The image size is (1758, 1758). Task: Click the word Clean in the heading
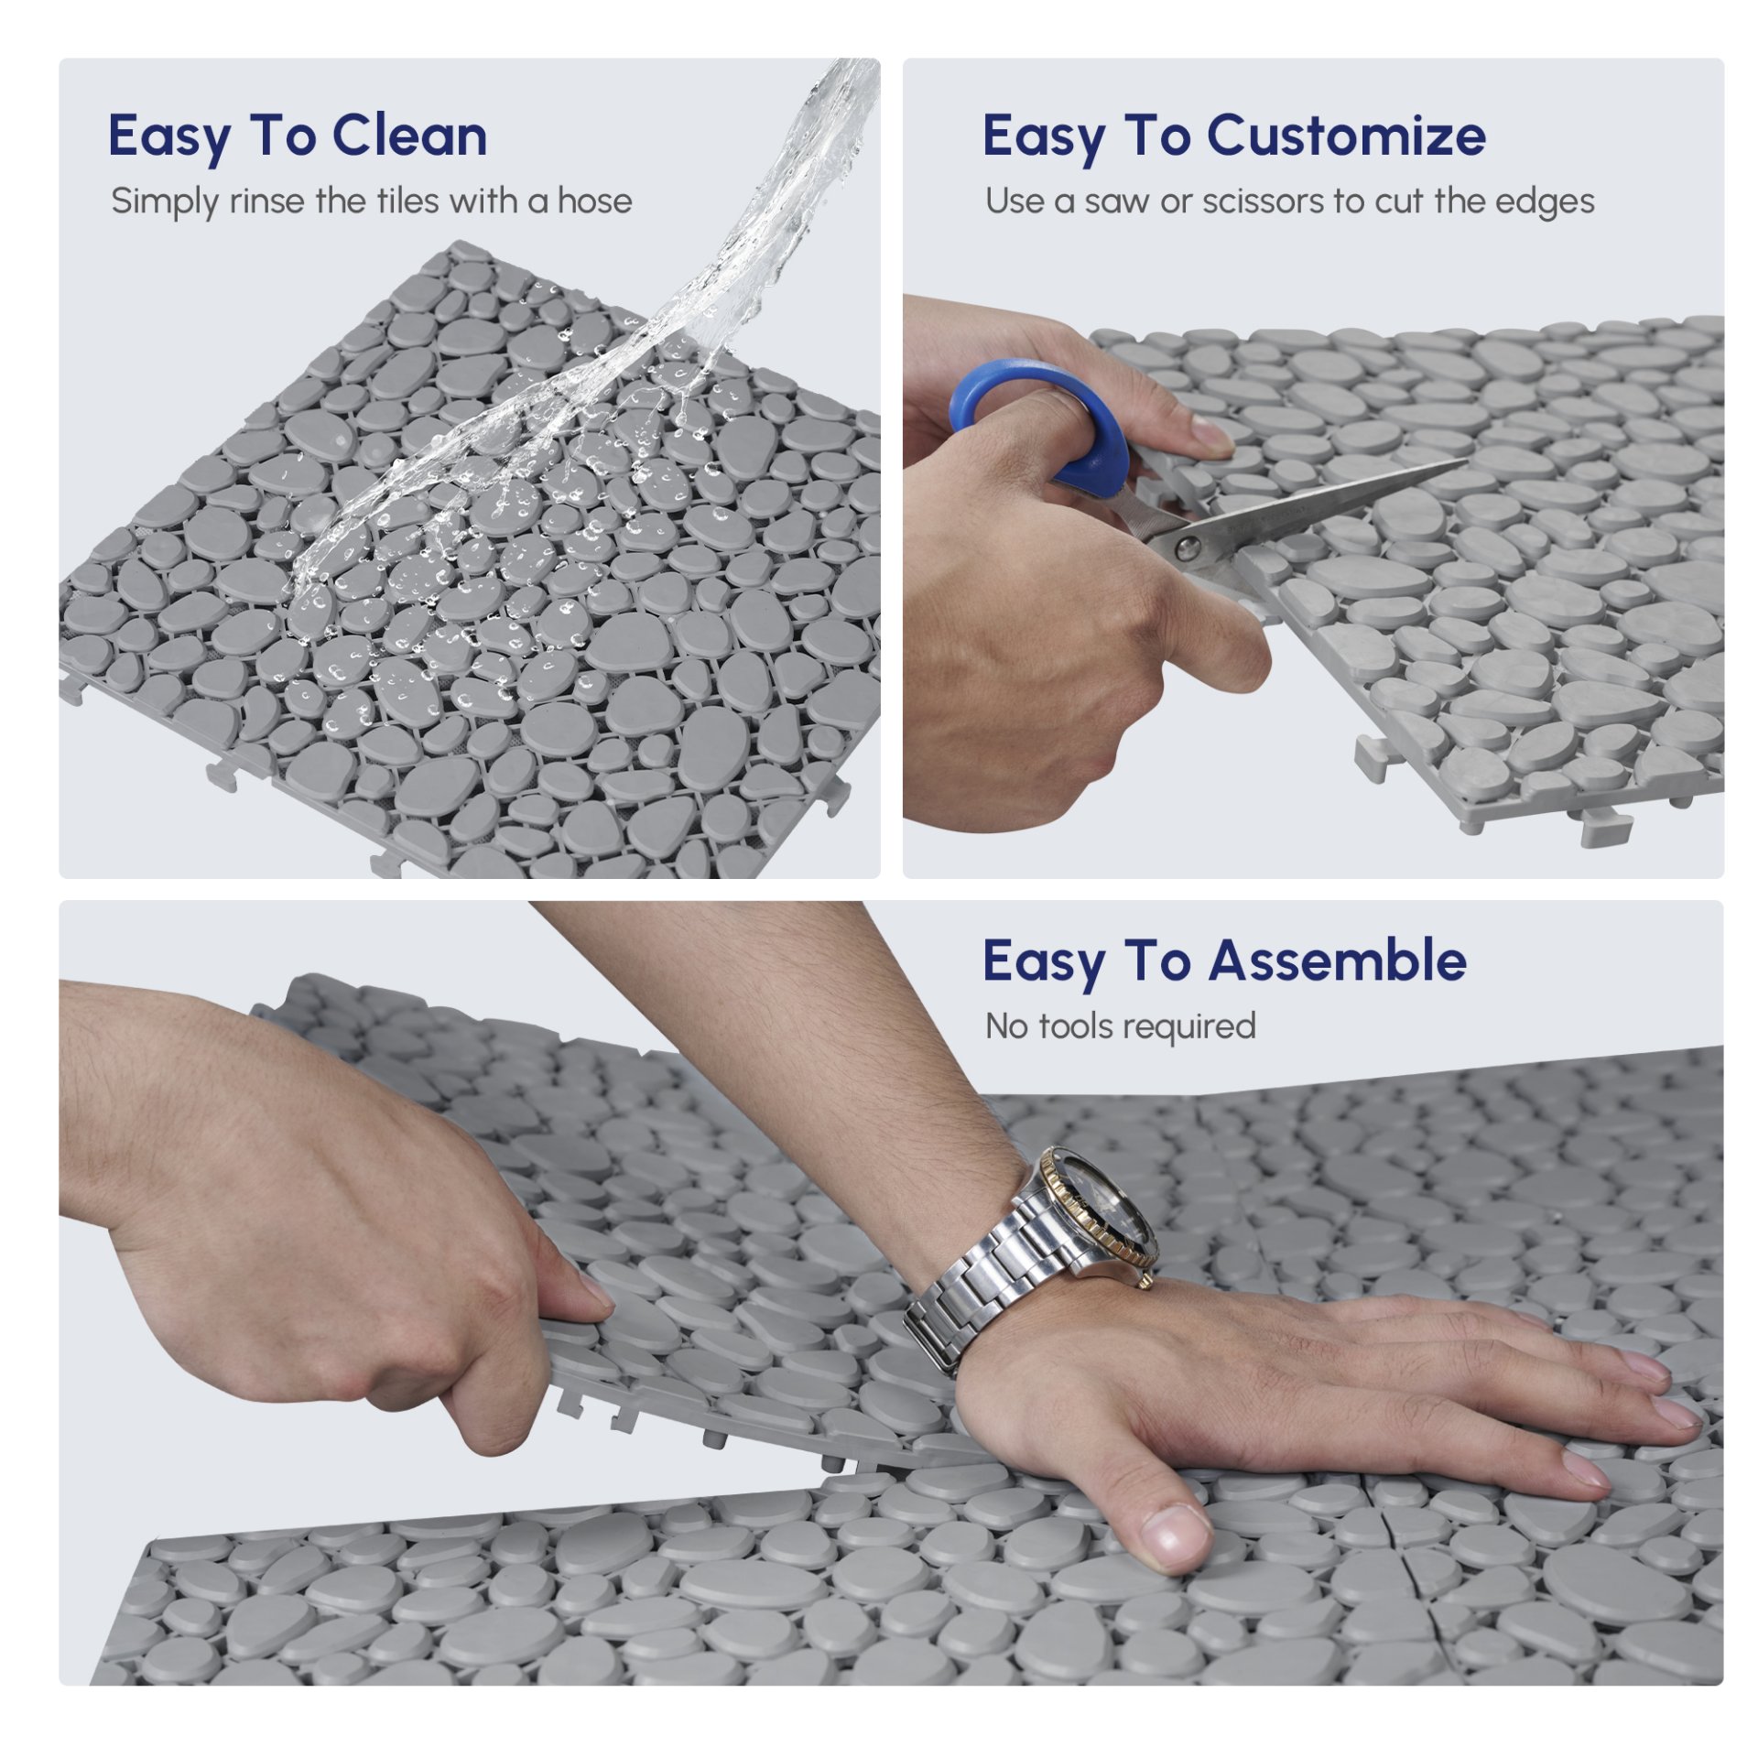[x=409, y=136]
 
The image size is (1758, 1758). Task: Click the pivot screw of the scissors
[x=1188, y=548]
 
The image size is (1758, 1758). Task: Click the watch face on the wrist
[x=1107, y=1208]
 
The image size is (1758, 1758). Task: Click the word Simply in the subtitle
[x=166, y=201]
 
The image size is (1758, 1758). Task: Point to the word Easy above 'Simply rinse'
[x=169, y=137]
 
